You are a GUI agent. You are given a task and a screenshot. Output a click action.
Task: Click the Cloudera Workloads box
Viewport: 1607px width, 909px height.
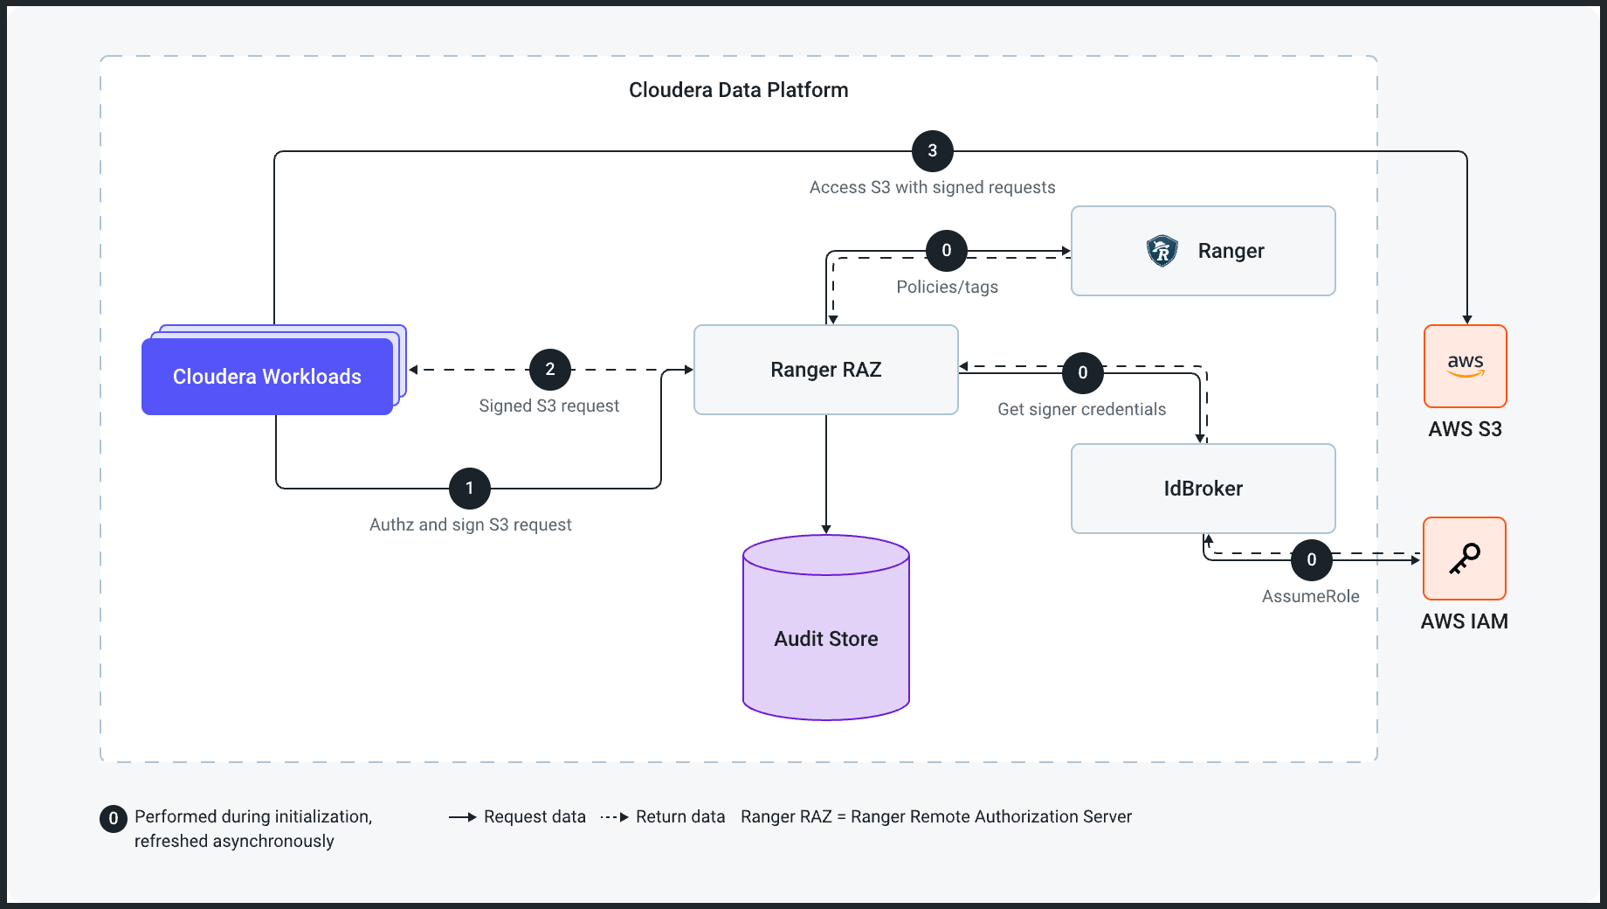pos(267,377)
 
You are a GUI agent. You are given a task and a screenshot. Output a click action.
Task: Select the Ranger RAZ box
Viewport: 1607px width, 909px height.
pos(825,370)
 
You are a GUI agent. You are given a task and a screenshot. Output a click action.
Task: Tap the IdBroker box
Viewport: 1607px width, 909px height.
pos(1203,489)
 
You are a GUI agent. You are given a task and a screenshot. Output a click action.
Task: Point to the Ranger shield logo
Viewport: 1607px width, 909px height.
pos(1162,251)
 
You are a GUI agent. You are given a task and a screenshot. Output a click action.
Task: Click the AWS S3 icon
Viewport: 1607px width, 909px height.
pos(1465,366)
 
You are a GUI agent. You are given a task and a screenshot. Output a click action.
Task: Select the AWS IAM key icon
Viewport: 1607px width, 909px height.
pos(1465,559)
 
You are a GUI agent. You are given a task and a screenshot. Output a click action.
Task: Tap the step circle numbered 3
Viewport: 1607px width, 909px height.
pos(933,151)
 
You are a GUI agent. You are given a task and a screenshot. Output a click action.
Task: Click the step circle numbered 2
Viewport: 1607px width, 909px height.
pos(550,370)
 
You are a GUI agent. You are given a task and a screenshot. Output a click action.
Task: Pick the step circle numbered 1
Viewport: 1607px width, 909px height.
pos(470,489)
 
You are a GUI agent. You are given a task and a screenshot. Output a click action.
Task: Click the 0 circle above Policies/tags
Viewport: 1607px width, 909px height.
pos(947,251)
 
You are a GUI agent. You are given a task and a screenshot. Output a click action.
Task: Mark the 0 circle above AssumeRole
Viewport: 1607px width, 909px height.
pos(1312,560)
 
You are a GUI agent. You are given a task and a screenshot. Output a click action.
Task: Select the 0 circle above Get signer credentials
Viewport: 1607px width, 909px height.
pos(1083,373)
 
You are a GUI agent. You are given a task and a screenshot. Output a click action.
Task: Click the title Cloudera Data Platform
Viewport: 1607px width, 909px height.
pos(738,90)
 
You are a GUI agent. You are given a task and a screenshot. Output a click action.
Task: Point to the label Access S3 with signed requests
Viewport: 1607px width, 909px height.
pos(932,187)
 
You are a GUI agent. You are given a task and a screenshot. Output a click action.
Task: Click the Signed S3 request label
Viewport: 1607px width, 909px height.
pos(548,406)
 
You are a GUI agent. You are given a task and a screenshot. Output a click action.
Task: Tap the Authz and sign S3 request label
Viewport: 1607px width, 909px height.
pos(470,524)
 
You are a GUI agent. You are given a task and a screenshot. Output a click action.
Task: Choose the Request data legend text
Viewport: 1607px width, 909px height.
pos(535,816)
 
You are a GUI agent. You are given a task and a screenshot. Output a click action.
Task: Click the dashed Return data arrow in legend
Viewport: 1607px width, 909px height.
pos(615,817)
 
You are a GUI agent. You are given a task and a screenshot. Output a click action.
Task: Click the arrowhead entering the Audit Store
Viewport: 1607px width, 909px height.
pos(826,528)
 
